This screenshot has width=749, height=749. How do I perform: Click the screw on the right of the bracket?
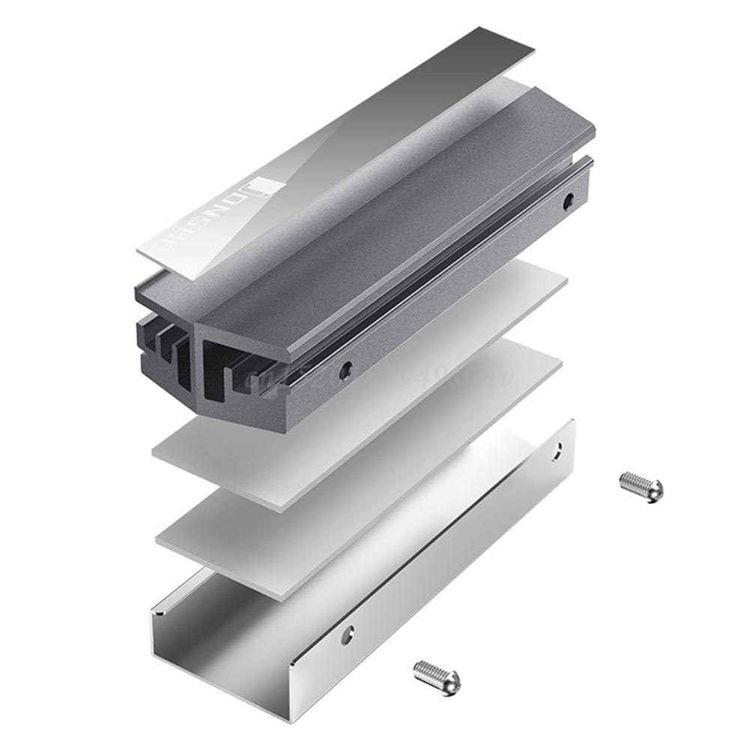(x=641, y=487)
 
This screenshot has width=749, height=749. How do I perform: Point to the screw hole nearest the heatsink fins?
(x=346, y=368)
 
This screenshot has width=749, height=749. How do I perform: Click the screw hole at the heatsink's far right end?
(x=568, y=199)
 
